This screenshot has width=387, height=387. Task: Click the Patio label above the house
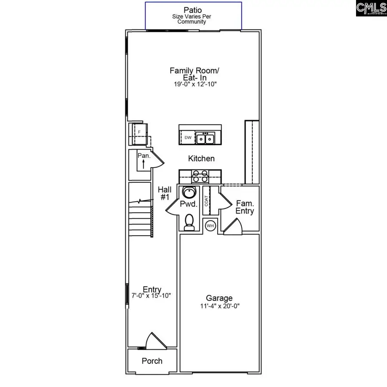193,9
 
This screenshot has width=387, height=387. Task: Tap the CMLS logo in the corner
371,9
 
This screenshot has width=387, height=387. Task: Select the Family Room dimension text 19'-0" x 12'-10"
193,85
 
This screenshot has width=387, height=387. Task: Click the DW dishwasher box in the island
188,138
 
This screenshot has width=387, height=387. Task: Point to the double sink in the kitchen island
206,138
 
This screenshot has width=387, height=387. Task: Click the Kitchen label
201,159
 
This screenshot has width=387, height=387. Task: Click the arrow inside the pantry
142,164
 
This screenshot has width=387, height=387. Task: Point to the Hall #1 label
164,193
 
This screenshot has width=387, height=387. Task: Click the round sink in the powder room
188,192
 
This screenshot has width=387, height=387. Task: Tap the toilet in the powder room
188,222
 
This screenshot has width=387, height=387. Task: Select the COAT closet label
206,201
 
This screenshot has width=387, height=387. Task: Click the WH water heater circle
210,226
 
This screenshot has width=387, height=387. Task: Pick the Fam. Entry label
245,207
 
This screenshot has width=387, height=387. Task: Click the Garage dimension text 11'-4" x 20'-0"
219,307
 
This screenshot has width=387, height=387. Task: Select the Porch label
152,361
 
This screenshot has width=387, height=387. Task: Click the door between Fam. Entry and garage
233,227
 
